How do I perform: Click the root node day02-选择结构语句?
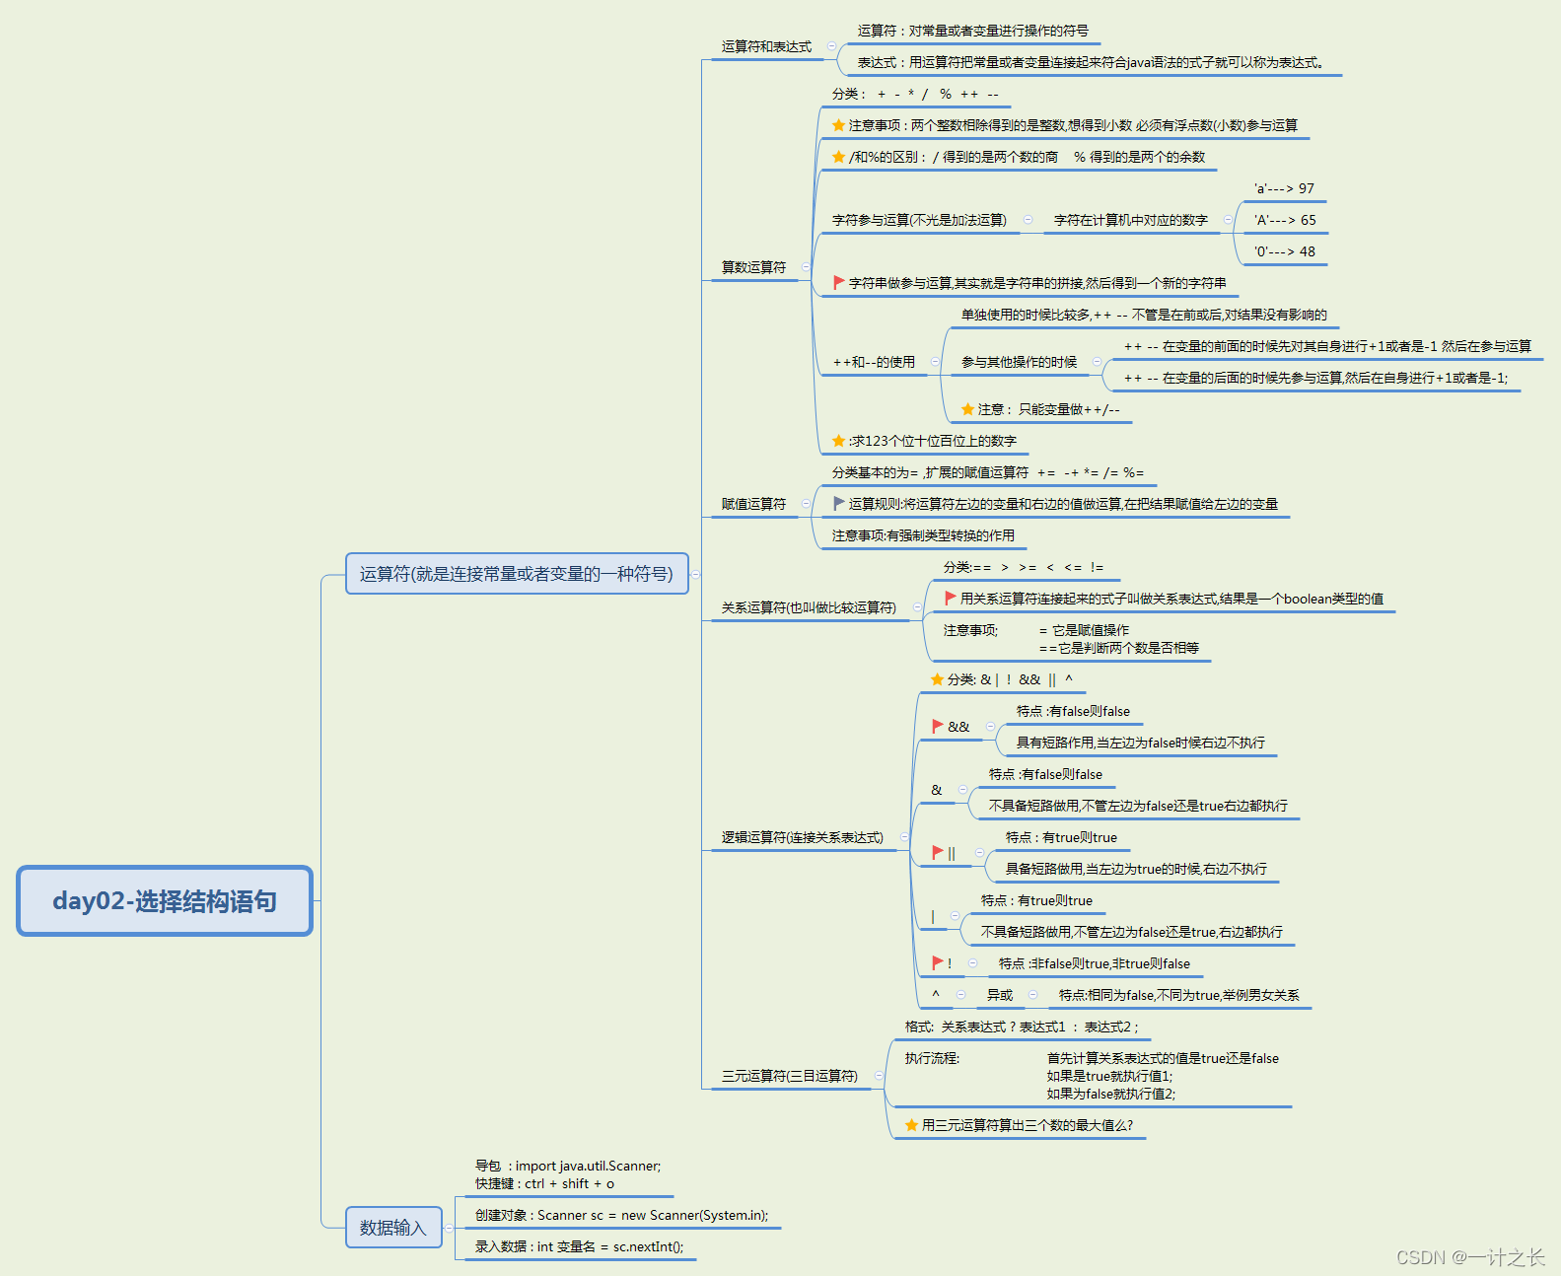tap(165, 900)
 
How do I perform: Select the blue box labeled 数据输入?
tap(393, 1228)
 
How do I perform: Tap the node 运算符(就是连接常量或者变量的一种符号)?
tap(517, 574)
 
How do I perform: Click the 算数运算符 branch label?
tap(753, 267)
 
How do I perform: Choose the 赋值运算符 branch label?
tap(753, 504)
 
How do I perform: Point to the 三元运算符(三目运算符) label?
tap(789, 1076)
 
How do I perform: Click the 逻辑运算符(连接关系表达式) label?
tap(802, 837)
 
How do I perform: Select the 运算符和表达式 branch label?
tap(766, 46)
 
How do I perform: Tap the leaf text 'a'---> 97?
tap(1284, 188)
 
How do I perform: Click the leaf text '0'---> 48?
tap(1284, 251)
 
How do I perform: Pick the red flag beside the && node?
tap(938, 726)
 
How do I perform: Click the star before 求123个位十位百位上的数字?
tap(838, 441)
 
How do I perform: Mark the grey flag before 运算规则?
tap(838, 503)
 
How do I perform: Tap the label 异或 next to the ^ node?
tap(999, 995)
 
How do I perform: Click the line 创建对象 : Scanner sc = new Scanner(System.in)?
tap(621, 1215)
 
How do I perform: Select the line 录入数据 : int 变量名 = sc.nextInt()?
tap(579, 1246)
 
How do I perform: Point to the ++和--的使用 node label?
tap(874, 362)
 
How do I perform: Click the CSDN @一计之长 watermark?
tap(1469, 1257)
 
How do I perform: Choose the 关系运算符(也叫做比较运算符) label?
tap(809, 607)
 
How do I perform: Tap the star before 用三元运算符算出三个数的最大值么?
tap(911, 1125)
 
